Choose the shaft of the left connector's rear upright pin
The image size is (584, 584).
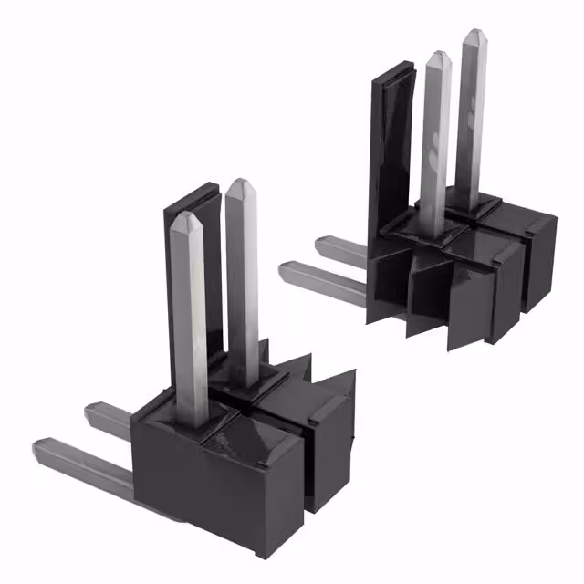click(x=242, y=283)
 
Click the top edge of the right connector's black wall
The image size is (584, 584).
click(x=387, y=71)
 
